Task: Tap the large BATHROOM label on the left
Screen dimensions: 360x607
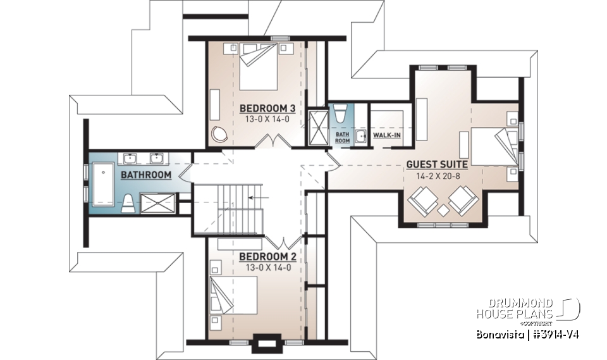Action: pos(146,175)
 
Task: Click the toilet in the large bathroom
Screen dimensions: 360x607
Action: pos(128,202)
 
